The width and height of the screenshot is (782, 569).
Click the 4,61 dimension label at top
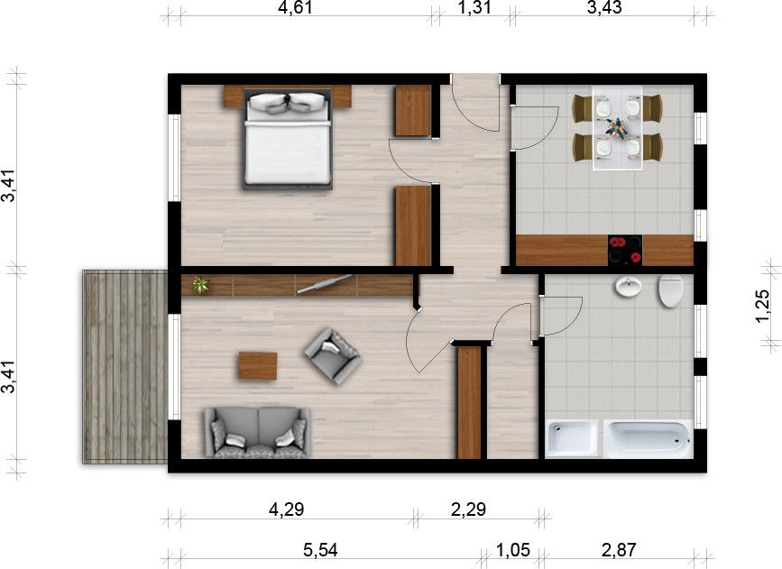coord(296,10)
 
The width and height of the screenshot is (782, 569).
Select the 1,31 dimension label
coord(465,10)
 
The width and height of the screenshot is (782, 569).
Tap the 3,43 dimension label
coord(604,10)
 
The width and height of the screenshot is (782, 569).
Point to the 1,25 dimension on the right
coord(763,306)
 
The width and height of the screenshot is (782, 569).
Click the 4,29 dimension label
coord(286,509)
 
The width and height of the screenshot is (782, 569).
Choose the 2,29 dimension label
coord(468,509)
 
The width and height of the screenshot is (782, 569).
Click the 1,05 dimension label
coord(514,550)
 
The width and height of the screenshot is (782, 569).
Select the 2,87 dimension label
coord(620,550)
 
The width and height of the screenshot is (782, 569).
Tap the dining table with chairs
coord(617,128)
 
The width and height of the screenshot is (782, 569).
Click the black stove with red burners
coord(625,250)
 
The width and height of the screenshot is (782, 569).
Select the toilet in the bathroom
coord(670,290)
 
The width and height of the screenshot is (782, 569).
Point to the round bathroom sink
coord(628,288)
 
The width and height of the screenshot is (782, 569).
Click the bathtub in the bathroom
coord(649,439)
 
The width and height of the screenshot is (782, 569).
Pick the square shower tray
coord(572,438)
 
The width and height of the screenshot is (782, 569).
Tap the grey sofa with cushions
coord(256,432)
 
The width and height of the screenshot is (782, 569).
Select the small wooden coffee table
coord(257,365)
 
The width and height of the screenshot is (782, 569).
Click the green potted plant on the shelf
coord(200,285)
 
